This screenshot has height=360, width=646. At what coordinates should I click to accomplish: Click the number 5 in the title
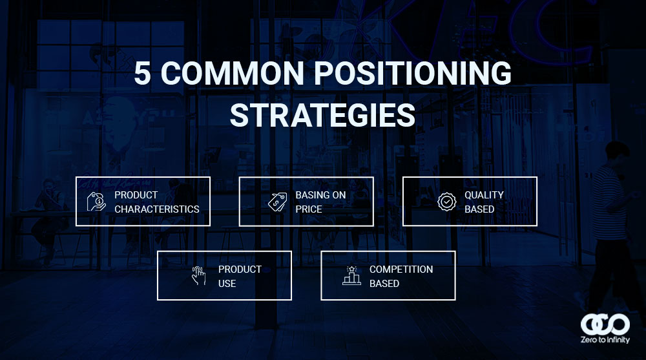click(x=142, y=74)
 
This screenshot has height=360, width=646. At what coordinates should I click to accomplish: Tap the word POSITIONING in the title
click(x=413, y=74)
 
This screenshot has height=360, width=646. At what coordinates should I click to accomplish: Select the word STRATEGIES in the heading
click(x=322, y=115)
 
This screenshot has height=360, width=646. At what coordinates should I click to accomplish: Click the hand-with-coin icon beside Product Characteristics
click(x=96, y=202)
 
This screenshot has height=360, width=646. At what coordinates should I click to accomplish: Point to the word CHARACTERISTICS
click(x=157, y=209)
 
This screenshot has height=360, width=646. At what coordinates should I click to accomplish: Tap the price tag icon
click(x=277, y=202)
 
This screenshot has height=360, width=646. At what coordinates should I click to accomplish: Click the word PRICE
click(x=309, y=209)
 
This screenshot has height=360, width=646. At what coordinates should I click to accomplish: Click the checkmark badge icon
click(x=446, y=202)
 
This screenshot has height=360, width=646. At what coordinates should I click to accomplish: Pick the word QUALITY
click(x=484, y=195)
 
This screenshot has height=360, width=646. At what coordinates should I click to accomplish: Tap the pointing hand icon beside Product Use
click(x=198, y=275)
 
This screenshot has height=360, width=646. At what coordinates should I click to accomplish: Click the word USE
click(x=227, y=283)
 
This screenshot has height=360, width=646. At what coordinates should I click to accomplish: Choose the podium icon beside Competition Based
click(x=351, y=275)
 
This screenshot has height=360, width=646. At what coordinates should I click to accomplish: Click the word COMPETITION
click(x=401, y=270)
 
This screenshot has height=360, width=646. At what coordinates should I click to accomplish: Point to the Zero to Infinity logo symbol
click(x=605, y=324)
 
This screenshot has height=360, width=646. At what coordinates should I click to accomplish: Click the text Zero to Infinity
click(x=605, y=340)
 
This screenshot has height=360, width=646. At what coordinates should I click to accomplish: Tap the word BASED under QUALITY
click(x=479, y=209)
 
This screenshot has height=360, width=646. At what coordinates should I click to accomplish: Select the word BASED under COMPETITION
click(x=384, y=283)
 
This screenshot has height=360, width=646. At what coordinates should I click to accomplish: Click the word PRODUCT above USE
click(x=240, y=270)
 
